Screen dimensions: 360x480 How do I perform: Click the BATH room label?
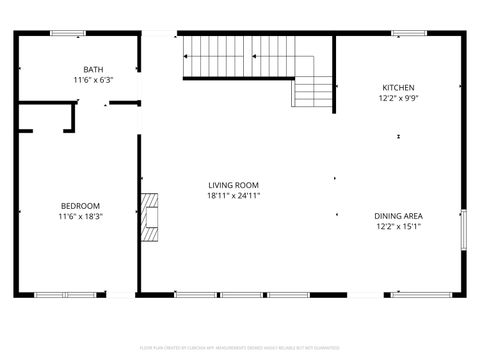(x=93, y=69)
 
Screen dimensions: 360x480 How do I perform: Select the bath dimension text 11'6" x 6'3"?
(x=93, y=79)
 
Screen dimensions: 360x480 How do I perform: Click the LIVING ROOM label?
(x=234, y=185)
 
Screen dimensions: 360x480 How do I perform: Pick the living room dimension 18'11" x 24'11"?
(x=234, y=195)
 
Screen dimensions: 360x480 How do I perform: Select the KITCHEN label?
(x=397, y=88)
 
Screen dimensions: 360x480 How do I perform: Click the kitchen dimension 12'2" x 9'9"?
(x=397, y=98)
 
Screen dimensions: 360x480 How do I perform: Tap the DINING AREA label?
(x=398, y=216)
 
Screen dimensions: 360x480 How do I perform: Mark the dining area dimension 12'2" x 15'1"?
(x=398, y=226)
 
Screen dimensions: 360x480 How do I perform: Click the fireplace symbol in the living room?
(x=149, y=218)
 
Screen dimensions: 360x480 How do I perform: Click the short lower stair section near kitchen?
(x=304, y=94)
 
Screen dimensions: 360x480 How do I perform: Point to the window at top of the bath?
(x=67, y=34)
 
